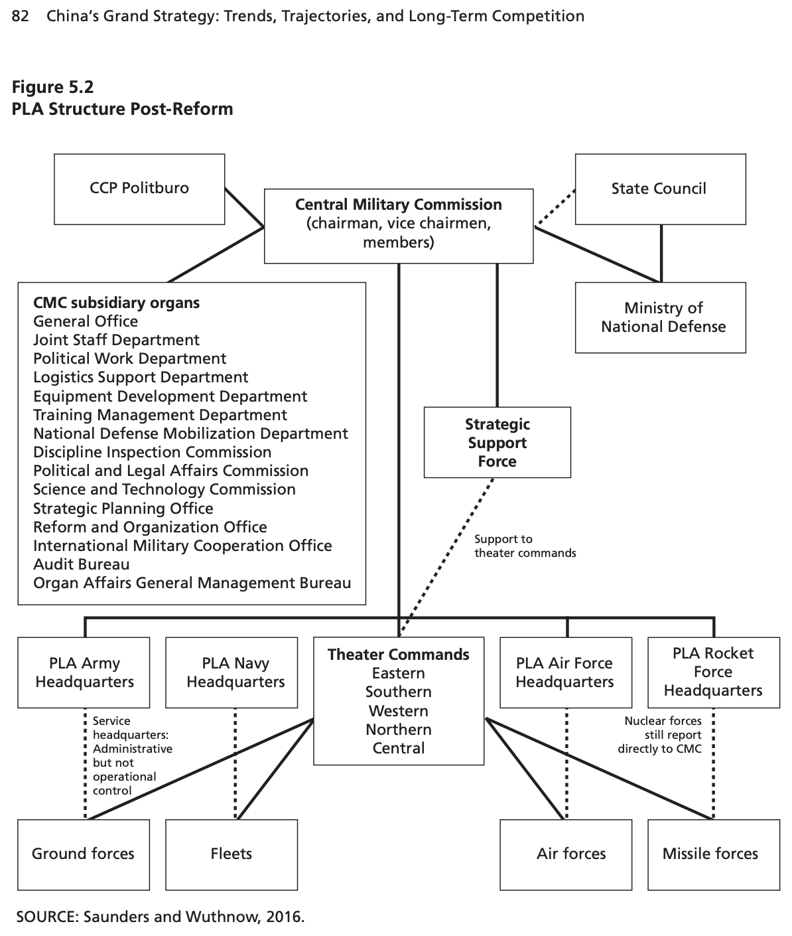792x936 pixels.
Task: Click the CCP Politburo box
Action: [x=139, y=189]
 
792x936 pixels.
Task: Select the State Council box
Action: [x=660, y=189]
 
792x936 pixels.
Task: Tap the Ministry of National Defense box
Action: [x=660, y=317]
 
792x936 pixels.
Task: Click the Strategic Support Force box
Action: [x=497, y=442]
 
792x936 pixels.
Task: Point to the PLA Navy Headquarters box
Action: [x=231, y=672]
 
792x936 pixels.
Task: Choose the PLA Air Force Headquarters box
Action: [x=566, y=672]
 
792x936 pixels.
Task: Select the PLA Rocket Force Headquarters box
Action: [x=714, y=672]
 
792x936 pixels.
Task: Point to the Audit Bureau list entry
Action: [x=82, y=564]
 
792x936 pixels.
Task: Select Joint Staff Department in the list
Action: [x=116, y=340]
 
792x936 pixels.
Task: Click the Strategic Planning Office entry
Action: [x=123, y=508]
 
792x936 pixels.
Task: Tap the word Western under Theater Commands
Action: [x=398, y=711]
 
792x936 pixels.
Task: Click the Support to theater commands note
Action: [x=525, y=546]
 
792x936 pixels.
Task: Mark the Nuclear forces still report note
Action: [x=660, y=734]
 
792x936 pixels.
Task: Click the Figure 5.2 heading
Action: [x=52, y=87]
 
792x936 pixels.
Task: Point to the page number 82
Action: [x=21, y=17]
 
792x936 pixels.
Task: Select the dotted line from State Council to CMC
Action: [x=555, y=207]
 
